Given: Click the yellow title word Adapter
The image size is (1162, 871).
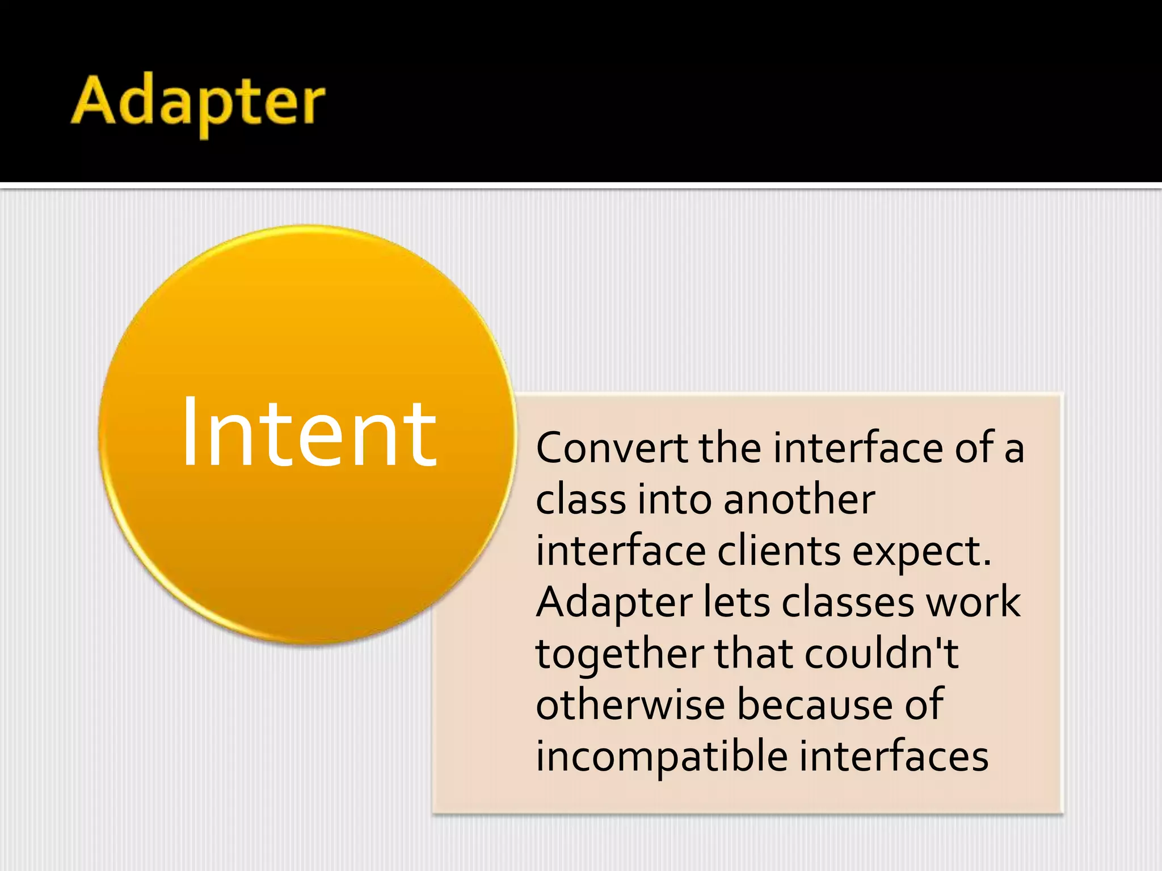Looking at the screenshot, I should pos(198,103).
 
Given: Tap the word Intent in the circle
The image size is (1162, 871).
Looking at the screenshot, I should pos(309,433).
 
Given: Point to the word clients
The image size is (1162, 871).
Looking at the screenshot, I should pos(778,551).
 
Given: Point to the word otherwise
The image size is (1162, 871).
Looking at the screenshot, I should pos(630,705).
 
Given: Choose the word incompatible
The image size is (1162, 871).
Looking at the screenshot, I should pos(662,758).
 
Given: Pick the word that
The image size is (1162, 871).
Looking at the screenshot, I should pos(753,654).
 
